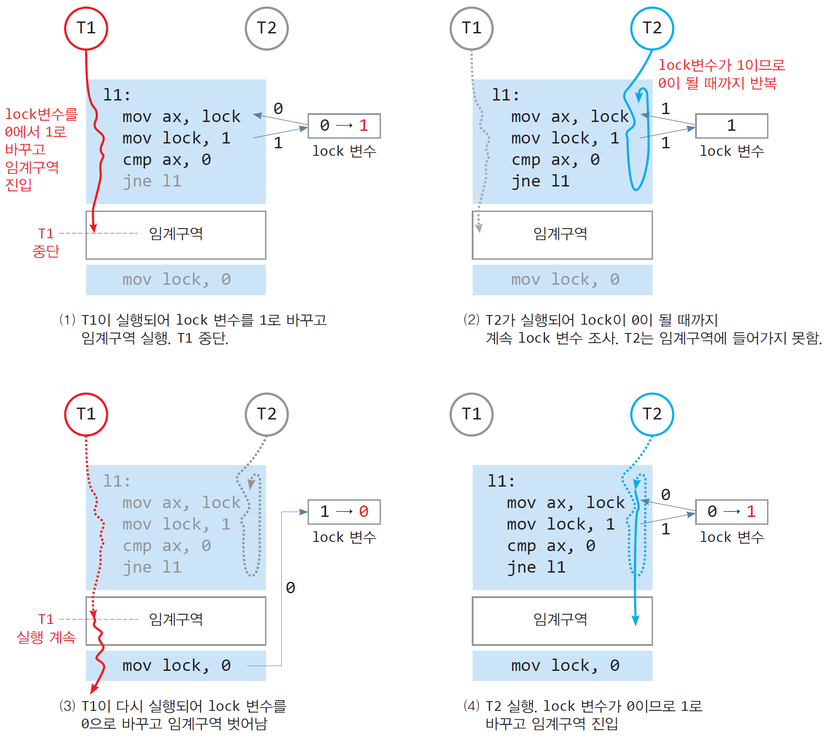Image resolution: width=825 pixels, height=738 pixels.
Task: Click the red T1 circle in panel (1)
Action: tap(86, 29)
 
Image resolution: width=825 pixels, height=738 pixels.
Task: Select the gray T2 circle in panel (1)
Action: tap(266, 29)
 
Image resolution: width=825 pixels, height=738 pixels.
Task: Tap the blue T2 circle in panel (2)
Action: tap(652, 29)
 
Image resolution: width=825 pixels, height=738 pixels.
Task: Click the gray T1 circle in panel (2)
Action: tap(471, 29)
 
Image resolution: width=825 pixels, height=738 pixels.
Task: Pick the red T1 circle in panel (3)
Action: tap(86, 414)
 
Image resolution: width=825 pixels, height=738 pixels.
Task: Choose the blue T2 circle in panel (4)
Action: tap(652, 414)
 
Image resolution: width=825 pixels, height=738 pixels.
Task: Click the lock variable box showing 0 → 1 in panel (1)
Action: tap(344, 126)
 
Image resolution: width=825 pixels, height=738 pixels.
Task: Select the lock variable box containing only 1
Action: tap(731, 126)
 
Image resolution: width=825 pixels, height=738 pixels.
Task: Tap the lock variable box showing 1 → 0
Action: tap(344, 512)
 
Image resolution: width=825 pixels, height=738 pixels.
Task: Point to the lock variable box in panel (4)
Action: tap(731, 512)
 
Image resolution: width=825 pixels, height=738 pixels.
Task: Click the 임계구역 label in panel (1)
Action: tap(176, 233)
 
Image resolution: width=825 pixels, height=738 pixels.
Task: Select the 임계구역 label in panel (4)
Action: tap(560, 619)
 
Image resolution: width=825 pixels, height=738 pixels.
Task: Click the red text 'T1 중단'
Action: tap(46, 242)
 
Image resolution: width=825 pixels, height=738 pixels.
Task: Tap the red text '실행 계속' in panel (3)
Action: tap(46, 637)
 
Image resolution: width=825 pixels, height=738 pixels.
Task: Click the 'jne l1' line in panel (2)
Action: tap(540, 181)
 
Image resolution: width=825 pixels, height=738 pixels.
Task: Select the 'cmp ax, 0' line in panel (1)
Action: tap(166, 160)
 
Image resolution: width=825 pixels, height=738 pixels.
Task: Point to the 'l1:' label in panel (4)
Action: tap(501, 481)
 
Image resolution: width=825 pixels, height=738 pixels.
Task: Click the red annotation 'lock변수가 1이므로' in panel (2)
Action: tap(721, 65)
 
